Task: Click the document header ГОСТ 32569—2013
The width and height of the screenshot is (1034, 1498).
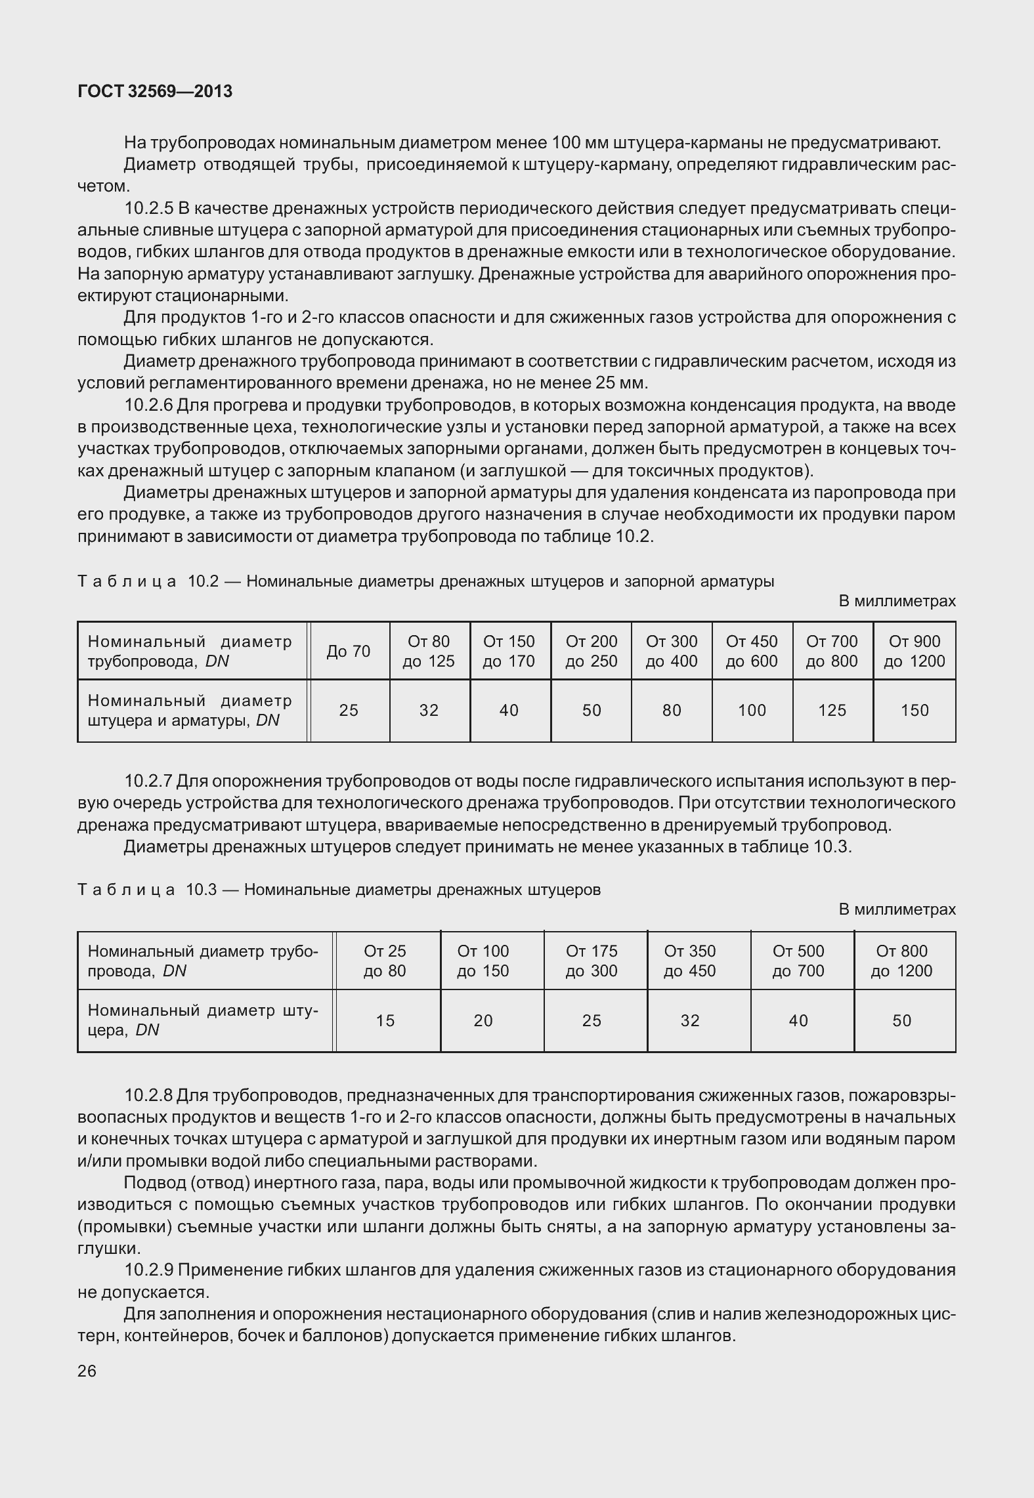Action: pyautogui.click(x=155, y=92)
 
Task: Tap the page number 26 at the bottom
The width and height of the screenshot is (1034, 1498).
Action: pyautogui.click(x=87, y=1371)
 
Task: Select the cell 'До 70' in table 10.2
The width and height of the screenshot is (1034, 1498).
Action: pyautogui.click(x=349, y=652)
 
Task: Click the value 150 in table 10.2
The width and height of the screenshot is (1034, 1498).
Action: pyautogui.click(x=915, y=711)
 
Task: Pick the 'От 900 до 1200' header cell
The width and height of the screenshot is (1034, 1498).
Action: pyautogui.click(x=915, y=652)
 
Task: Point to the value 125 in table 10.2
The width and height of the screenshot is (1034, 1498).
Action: pyautogui.click(x=832, y=711)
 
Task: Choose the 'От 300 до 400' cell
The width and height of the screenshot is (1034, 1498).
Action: pyautogui.click(x=672, y=652)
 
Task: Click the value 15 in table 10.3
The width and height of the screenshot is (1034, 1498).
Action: pyautogui.click(x=385, y=1020)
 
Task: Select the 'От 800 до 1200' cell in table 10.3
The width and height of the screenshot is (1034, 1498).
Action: pyautogui.click(x=901, y=961)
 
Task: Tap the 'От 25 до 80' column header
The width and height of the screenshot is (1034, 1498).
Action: pyautogui.click(x=385, y=961)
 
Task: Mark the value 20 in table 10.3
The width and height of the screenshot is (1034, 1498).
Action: pyautogui.click(x=483, y=1020)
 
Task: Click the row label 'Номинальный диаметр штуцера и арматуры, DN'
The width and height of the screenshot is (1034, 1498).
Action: pyautogui.click(x=190, y=711)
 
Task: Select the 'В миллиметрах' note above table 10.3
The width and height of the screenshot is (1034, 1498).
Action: pyautogui.click(x=897, y=909)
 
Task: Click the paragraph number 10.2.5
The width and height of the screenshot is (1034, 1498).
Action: pyautogui.click(x=148, y=209)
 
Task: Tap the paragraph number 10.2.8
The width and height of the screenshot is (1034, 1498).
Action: pyautogui.click(x=148, y=1095)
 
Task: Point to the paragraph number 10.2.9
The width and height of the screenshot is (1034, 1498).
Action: pyautogui.click(x=148, y=1270)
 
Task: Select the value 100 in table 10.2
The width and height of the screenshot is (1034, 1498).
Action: pyautogui.click(x=752, y=711)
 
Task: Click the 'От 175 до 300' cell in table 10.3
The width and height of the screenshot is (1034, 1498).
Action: pyautogui.click(x=592, y=961)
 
